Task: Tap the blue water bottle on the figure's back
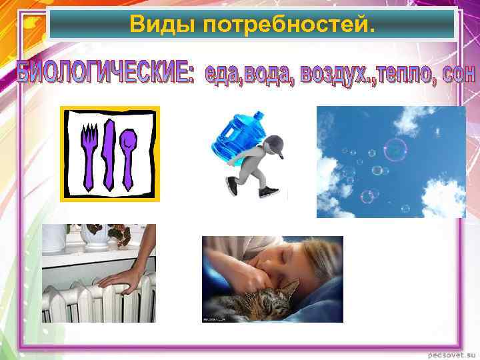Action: point(237,133)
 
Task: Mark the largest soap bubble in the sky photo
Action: point(395,150)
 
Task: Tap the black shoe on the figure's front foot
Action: point(268,192)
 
